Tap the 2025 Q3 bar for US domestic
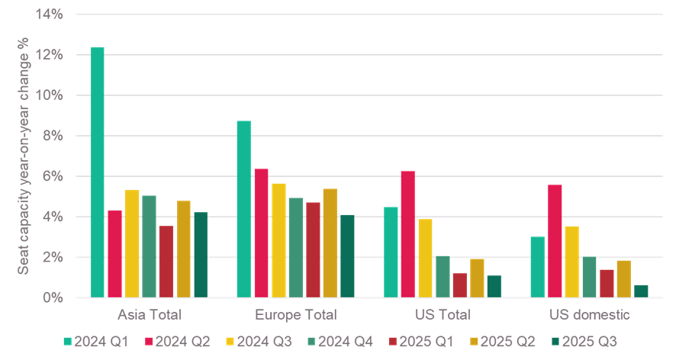click(641, 291)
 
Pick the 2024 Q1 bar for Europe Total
click(243, 209)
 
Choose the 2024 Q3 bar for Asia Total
click(131, 243)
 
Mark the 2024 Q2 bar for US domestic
click(555, 241)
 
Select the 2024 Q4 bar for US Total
click(443, 276)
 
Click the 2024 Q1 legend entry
click(89, 342)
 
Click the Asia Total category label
click(150, 313)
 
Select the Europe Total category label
click(296, 313)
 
